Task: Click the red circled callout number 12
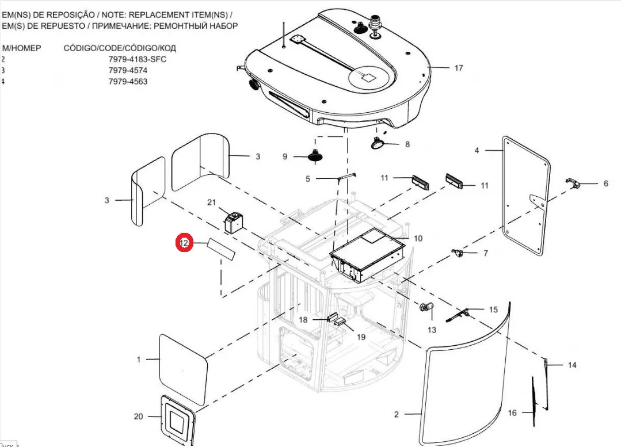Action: [184, 243]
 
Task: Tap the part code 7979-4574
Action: [128, 70]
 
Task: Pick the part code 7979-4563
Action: [128, 81]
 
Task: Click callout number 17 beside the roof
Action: [458, 68]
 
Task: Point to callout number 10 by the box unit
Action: [418, 238]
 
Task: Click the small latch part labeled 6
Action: [572, 184]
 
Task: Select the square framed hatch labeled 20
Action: [177, 418]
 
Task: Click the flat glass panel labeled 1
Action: [183, 368]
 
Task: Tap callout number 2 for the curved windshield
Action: [396, 414]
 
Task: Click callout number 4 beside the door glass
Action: [477, 150]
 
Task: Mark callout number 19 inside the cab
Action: [360, 337]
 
